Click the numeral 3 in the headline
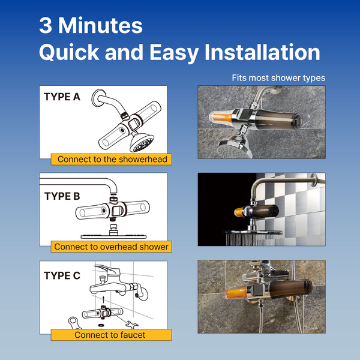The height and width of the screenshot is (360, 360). click(x=46, y=25)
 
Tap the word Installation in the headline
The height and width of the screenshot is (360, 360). click(x=262, y=52)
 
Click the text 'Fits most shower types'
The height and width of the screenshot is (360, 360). click(x=278, y=78)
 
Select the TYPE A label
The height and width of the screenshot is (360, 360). click(x=62, y=97)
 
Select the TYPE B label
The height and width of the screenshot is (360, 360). click(x=62, y=196)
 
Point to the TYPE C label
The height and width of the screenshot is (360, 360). click(x=62, y=275)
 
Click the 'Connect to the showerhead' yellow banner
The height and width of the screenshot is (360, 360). click(x=112, y=159)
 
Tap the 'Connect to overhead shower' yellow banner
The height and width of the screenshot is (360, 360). click(x=112, y=247)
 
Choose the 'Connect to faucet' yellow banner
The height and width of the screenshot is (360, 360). click(x=112, y=335)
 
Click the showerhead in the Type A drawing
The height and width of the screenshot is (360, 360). click(x=142, y=143)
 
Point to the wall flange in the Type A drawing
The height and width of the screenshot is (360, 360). click(x=98, y=98)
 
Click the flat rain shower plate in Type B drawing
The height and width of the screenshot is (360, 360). click(x=113, y=236)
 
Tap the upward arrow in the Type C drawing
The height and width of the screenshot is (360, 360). click(x=103, y=299)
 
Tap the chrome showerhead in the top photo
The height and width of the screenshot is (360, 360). click(x=234, y=147)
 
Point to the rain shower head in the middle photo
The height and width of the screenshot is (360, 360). click(x=253, y=232)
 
